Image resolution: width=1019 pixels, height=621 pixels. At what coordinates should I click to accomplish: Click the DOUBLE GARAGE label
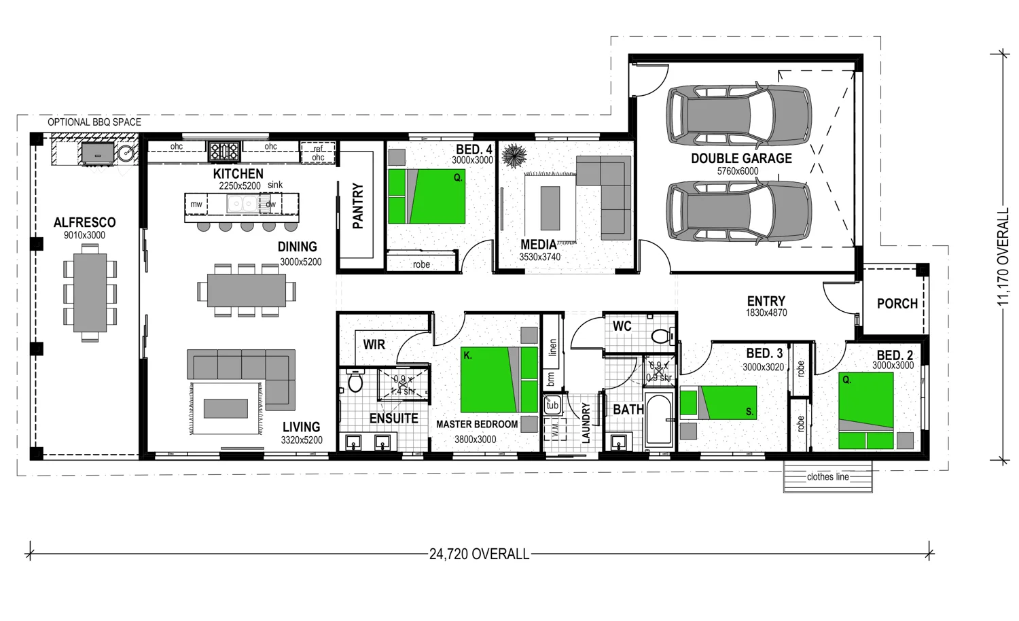(741, 158)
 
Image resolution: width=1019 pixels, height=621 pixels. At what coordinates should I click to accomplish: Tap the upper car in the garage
(738, 115)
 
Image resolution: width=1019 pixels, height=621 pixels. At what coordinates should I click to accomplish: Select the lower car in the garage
(738, 211)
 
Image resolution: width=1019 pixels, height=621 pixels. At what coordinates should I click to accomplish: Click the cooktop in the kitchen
(224, 151)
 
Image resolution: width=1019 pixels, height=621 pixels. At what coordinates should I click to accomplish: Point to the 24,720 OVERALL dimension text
(479, 554)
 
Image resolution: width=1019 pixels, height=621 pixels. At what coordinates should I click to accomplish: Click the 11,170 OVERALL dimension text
(1004, 258)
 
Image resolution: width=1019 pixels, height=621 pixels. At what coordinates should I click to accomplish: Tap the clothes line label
(827, 477)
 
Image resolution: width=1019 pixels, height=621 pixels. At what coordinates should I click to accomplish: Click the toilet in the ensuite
(355, 382)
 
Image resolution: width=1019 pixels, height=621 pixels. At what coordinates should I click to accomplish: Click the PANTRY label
(358, 206)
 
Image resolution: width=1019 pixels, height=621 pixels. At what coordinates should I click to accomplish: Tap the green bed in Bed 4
(427, 196)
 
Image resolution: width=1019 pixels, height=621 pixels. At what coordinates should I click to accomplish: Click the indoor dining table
(246, 291)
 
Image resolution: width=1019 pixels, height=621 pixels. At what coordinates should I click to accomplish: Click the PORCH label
(897, 304)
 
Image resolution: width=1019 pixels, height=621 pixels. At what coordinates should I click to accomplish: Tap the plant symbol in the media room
(514, 156)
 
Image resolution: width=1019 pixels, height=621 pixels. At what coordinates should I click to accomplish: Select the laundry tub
(552, 405)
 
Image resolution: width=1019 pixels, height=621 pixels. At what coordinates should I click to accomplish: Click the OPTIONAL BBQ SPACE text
(94, 122)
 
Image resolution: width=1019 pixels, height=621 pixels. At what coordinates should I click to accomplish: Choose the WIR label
(374, 344)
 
